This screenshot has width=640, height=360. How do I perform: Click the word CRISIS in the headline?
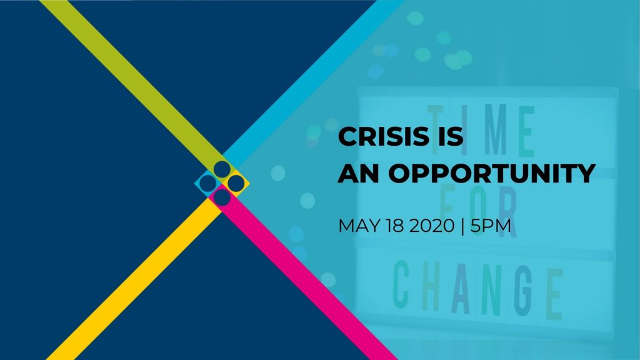384,136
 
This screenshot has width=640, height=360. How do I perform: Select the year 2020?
432,226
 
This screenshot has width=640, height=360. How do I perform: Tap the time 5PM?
491,226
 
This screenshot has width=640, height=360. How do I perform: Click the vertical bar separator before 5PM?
462,226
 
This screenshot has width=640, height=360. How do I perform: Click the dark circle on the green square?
222,169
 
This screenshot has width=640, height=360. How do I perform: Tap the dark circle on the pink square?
222,197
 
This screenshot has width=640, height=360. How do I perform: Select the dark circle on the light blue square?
207,184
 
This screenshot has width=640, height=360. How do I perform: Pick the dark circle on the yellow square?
236,184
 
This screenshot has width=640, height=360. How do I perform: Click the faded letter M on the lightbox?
495,130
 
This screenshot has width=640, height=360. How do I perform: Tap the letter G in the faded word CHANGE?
524,291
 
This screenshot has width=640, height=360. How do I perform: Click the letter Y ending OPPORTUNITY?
585,173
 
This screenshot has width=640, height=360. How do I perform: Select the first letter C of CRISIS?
347,136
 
